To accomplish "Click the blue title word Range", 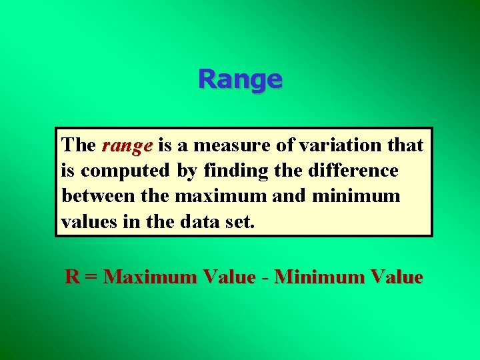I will click(x=240, y=79).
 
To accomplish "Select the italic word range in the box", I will click(x=127, y=145).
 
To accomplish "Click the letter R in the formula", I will click(x=72, y=277).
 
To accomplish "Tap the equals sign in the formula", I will click(x=92, y=277).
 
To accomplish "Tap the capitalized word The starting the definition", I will click(x=79, y=145).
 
